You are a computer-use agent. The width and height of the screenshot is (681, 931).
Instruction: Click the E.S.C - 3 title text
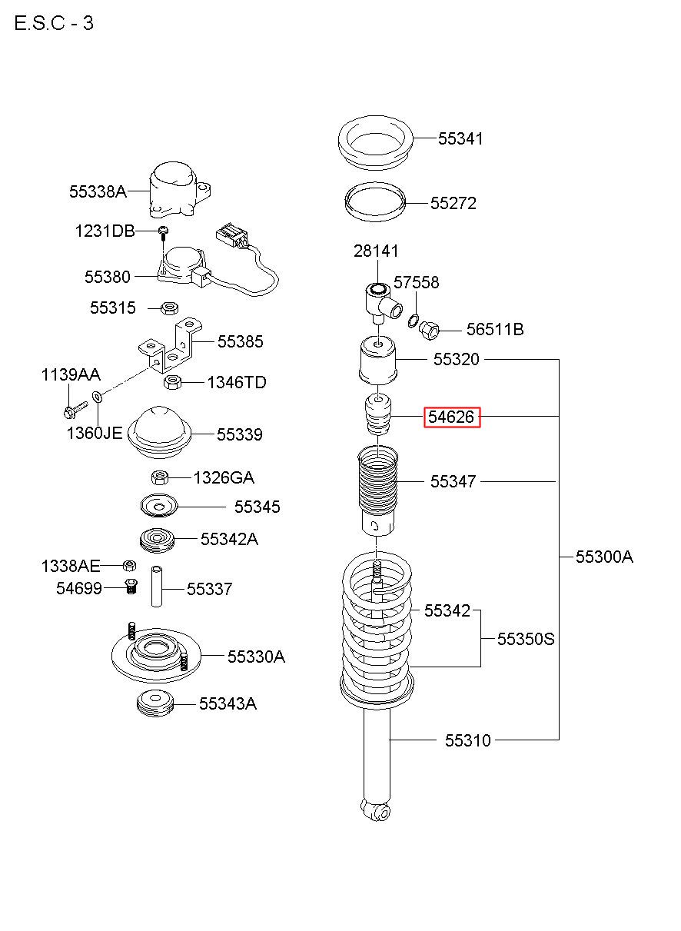[x=54, y=23]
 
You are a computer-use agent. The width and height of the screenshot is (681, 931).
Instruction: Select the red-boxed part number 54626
[x=451, y=417]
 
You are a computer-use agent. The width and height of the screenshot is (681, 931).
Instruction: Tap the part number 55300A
[x=604, y=557]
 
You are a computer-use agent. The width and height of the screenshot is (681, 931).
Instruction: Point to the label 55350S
[x=526, y=639]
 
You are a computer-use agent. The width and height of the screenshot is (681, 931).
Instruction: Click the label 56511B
[x=495, y=329]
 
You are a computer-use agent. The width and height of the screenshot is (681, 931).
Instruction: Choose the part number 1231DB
[x=105, y=231]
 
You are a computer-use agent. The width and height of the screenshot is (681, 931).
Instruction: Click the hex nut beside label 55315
[x=170, y=308]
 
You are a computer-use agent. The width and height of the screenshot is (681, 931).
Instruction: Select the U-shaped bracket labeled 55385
[x=170, y=347]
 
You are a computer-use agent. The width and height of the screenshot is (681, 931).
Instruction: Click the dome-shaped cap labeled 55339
[x=159, y=432]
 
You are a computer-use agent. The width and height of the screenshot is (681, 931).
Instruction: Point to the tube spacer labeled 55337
[x=157, y=587]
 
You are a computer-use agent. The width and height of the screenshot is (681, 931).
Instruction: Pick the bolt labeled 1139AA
[x=75, y=408]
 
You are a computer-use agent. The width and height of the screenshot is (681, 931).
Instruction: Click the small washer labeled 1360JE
[x=98, y=396]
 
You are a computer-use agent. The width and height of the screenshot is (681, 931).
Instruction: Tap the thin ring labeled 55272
[x=375, y=202]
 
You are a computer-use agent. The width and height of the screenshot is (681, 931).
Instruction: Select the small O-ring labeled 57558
[x=413, y=321]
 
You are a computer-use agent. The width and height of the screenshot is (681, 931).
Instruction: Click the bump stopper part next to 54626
[x=377, y=415]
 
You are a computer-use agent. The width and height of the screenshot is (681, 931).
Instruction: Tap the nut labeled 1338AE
[x=129, y=565]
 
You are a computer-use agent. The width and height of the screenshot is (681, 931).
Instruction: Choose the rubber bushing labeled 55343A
[x=155, y=703]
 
